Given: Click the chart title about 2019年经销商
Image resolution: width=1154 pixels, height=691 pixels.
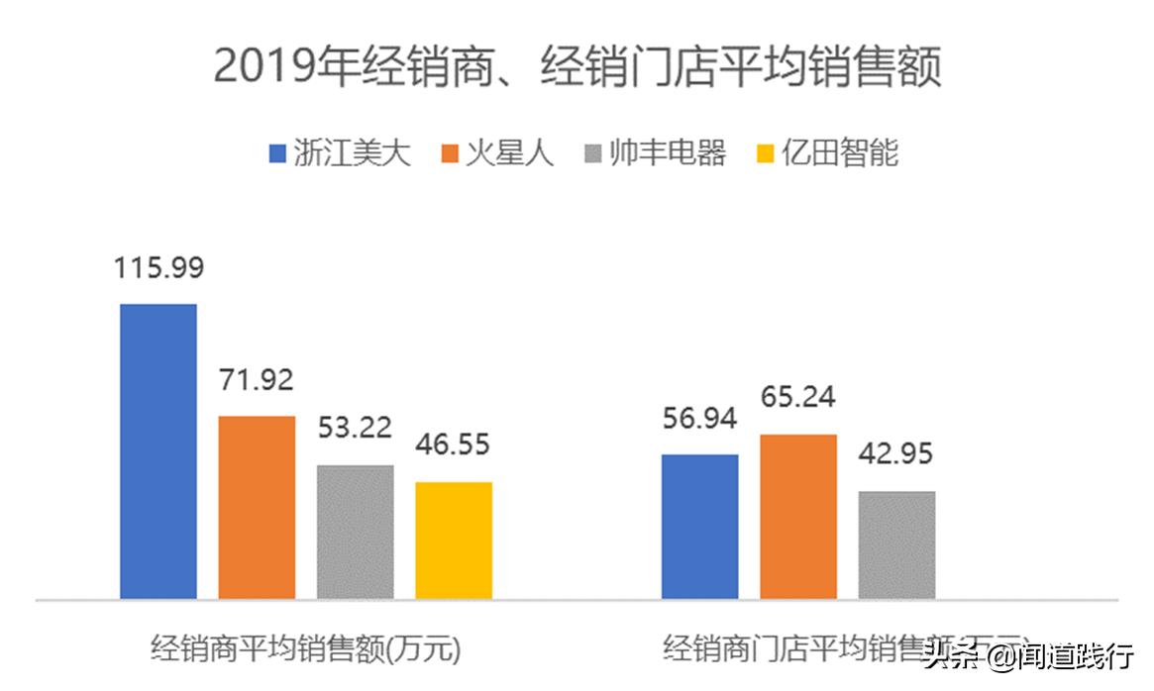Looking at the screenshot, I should pos(577,68).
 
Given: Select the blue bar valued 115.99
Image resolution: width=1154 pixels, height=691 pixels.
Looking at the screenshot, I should pos(158,451).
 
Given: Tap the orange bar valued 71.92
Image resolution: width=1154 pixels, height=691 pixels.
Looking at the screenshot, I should pos(257,507).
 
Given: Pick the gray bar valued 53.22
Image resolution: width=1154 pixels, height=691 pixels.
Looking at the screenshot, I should pos(355,532).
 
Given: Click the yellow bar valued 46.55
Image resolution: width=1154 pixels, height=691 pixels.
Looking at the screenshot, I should pos(453,541).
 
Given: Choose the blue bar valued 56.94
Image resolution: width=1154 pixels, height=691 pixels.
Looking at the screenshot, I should pos(699,527).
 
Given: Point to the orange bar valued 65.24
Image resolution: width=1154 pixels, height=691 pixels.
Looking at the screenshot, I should pos(797,517).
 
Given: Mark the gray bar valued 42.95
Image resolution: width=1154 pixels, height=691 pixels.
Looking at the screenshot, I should pos(896,544).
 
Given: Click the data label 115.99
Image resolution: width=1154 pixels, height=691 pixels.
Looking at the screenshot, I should pos(158,268).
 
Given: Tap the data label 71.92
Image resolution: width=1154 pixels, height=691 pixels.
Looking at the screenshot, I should pos(257,380).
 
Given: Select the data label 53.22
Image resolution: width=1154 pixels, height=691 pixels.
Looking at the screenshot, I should pos(355,429).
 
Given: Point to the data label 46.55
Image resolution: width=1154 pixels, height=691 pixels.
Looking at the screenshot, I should pos(453,445).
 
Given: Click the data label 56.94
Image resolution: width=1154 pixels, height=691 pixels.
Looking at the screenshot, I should pos(699,419).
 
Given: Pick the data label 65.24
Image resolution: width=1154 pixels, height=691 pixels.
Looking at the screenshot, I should pos(797,398).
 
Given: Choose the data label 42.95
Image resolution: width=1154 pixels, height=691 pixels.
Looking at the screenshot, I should pos(896,454).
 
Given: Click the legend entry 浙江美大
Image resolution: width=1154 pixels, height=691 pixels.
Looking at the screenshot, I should pos(340,153).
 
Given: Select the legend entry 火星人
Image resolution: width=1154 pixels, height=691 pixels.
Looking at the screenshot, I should pos(497,153).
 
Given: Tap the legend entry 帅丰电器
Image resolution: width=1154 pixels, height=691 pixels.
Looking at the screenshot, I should pos(655,153).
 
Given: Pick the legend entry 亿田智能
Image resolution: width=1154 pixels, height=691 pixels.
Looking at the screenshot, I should pos(827,153).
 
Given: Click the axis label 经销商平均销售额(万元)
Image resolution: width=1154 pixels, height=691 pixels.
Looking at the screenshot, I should pos(307,650).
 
